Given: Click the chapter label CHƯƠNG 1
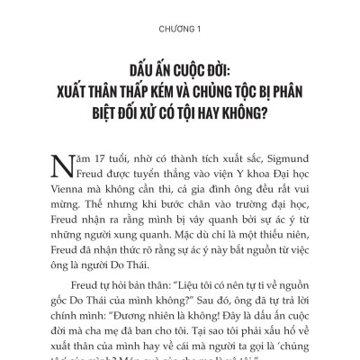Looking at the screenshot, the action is pos(180,26).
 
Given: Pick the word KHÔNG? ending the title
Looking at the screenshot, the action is pos(264,117).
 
